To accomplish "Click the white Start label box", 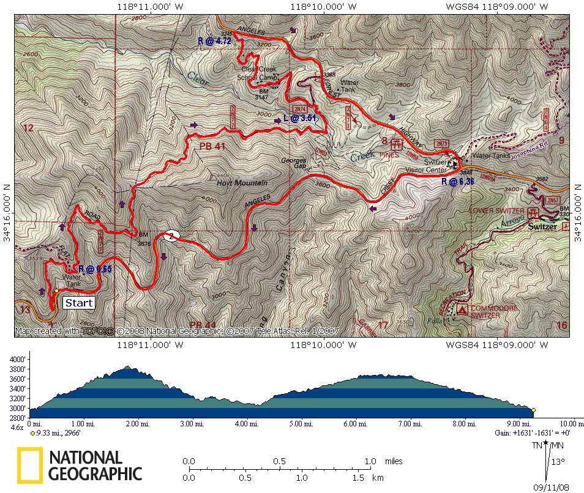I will [x=79, y=303].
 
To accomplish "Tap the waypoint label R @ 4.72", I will [x=214, y=41].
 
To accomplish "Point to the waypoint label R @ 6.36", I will [x=457, y=181].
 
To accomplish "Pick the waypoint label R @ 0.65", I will [x=95, y=269].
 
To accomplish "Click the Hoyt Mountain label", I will [x=242, y=183].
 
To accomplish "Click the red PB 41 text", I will [x=212, y=147].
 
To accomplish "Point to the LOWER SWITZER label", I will [x=497, y=211].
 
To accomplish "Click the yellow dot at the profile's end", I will [x=533, y=410].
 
